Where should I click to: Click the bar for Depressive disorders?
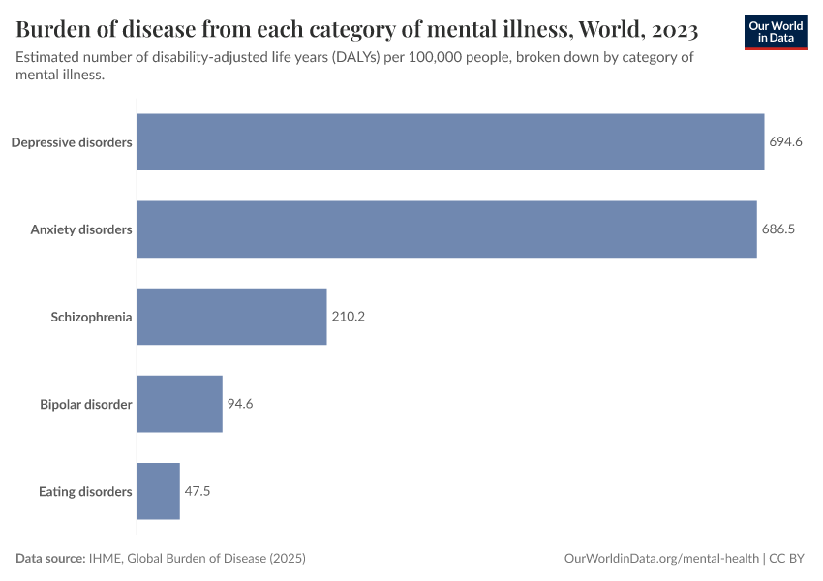(x=450, y=142)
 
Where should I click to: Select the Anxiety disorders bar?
(x=446, y=229)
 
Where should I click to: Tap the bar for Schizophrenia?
(x=231, y=317)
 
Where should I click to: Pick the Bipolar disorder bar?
(x=179, y=404)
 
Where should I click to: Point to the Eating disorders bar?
(x=158, y=491)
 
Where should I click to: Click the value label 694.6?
(x=785, y=142)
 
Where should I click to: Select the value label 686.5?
(x=777, y=229)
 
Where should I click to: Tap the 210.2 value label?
(x=348, y=317)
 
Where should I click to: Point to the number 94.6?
(x=240, y=404)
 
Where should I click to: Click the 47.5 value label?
(x=198, y=491)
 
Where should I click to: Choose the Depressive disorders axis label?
(x=72, y=142)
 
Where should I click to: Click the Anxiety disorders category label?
(x=81, y=229)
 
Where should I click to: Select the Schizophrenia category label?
(x=91, y=317)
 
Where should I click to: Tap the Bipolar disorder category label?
(x=85, y=404)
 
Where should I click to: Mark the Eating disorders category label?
(x=85, y=491)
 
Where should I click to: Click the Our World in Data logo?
(x=776, y=31)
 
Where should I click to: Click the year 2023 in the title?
(x=668, y=30)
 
